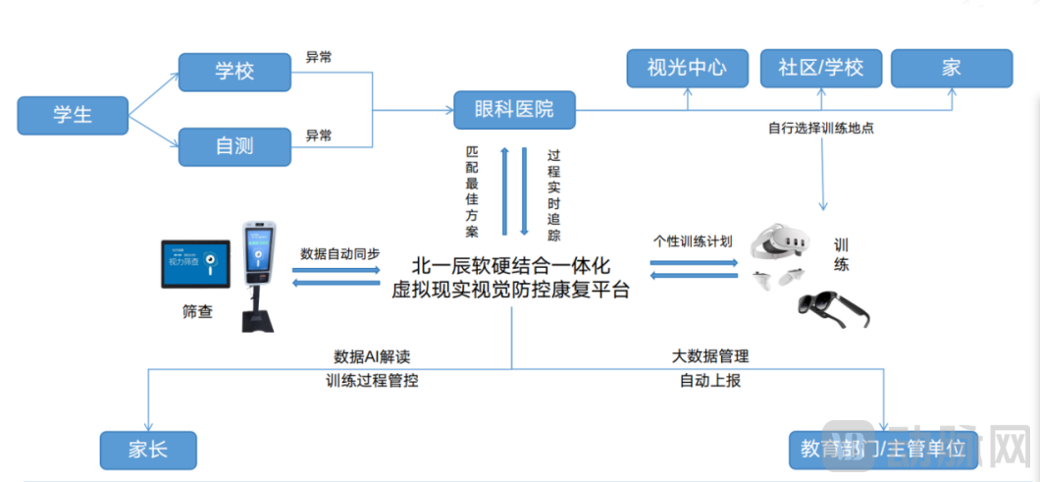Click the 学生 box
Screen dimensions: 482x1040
[73, 115]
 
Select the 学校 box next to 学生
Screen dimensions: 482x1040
[234, 72]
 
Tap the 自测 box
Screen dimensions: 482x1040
[234, 146]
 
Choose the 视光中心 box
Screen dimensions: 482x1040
[687, 67]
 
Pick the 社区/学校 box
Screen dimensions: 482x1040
[820, 67]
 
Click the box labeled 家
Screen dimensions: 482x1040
[951, 67]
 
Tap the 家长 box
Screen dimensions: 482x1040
[148, 450]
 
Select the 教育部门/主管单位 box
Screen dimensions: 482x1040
[883, 450]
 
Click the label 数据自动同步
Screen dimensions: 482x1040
[339, 252]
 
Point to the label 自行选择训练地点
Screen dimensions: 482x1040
[821, 128]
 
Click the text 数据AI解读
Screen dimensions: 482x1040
[371, 356]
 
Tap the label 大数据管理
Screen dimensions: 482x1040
[709, 356]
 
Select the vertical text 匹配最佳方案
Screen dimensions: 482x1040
[473, 191]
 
